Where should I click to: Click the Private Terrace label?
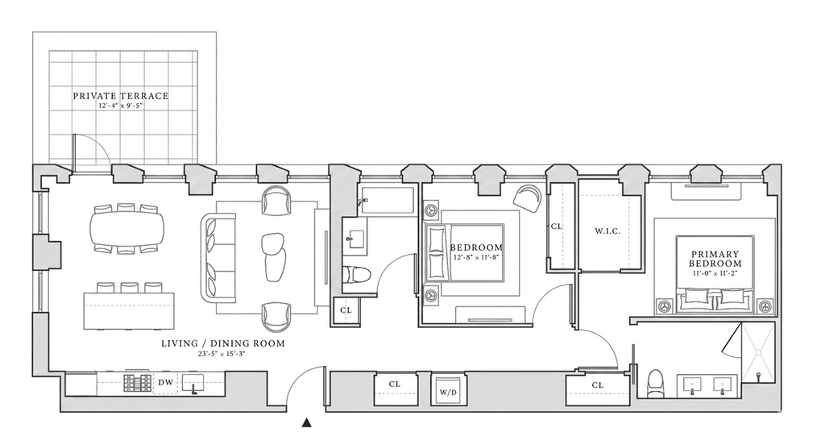click(x=121, y=96)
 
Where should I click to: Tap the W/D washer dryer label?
click(x=448, y=393)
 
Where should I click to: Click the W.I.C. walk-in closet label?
click(x=607, y=231)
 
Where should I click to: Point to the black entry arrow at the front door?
click(x=307, y=422)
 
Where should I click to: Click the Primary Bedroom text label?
click(x=715, y=259)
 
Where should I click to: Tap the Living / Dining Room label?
click(x=222, y=343)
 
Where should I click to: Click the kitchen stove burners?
click(x=137, y=383)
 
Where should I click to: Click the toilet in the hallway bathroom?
click(x=357, y=274)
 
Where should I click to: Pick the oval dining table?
click(x=126, y=229)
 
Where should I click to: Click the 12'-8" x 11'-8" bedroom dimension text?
click(x=475, y=258)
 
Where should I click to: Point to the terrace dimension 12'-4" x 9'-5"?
click(x=121, y=106)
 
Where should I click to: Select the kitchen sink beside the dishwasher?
click(x=195, y=384)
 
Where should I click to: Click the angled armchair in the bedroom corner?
click(x=527, y=198)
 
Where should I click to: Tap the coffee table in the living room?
click(x=274, y=258)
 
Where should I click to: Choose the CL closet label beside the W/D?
click(x=395, y=385)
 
